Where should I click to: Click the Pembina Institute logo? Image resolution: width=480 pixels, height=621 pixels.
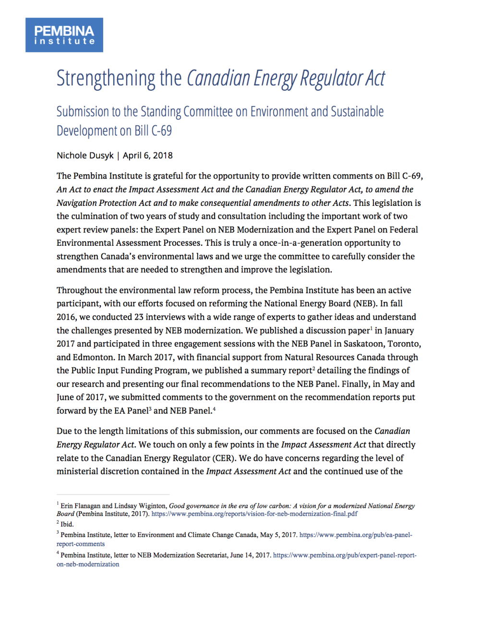pos(64,35)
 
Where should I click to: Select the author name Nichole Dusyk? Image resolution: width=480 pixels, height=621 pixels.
pos(85,155)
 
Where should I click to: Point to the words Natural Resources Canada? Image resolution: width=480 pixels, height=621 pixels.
pos(335,358)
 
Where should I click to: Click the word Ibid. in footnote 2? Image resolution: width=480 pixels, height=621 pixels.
pos(67,525)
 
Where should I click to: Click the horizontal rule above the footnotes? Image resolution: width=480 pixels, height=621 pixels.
pos(113,494)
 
